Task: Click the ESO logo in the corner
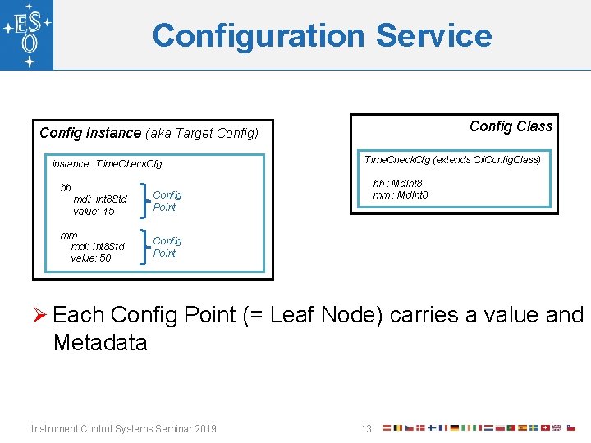[27, 35]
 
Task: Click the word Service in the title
[434, 36]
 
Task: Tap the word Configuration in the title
[259, 36]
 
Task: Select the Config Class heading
[511, 126]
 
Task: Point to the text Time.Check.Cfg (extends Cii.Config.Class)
[452, 159]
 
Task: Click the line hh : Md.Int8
[398, 184]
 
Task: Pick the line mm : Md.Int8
[400, 194]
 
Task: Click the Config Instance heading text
[90, 133]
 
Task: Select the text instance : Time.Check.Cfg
[107, 164]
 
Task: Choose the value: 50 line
[91, 258]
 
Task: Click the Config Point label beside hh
[167, 201]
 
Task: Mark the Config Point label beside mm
[167, 247]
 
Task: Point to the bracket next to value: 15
[145, 200]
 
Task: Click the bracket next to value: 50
[145, 246]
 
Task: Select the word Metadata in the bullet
[100, 342]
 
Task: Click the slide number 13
[367, 428]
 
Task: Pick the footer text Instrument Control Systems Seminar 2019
[123, 428]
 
